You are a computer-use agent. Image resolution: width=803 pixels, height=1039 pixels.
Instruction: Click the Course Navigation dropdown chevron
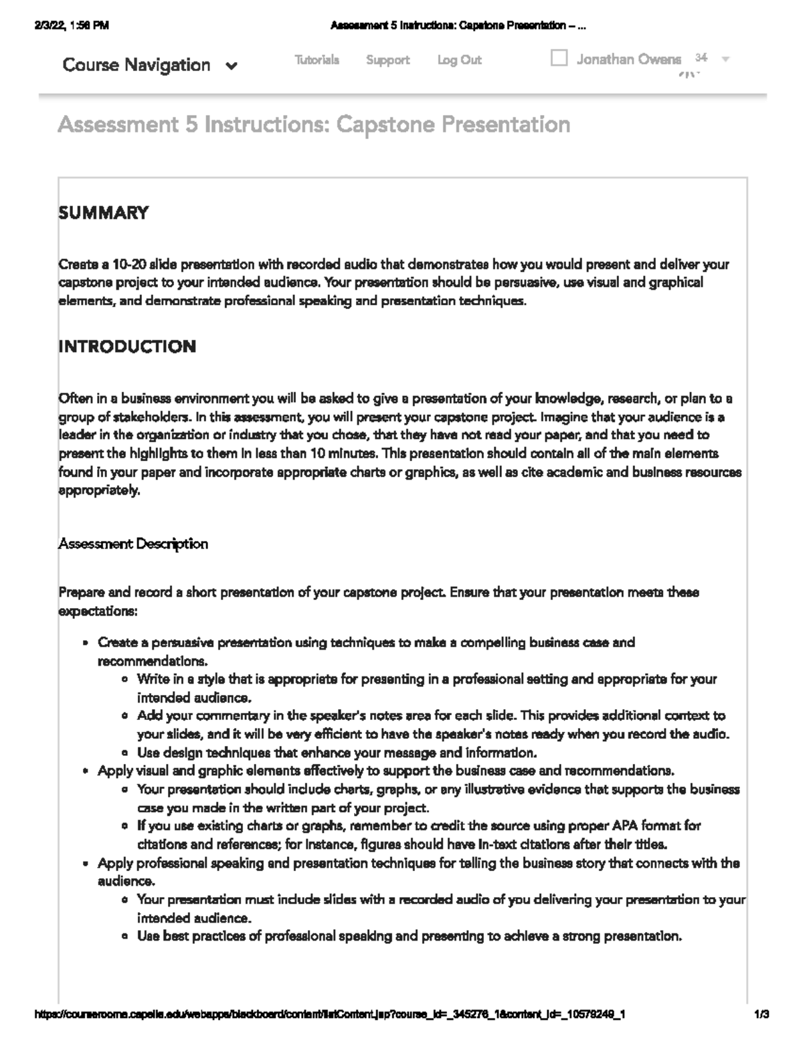point(232,66)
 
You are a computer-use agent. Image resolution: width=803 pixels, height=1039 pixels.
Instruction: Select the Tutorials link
point(317,60)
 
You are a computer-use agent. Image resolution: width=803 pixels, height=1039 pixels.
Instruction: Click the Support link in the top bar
point(387,60)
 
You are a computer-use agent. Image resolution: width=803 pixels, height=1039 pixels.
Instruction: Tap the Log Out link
point(459,60)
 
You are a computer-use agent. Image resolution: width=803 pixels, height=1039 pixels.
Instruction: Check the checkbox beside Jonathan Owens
point(559,58)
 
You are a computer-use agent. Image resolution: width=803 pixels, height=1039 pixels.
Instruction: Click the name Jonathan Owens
point(628,60)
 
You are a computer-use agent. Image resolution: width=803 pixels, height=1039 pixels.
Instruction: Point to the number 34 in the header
point(701,58)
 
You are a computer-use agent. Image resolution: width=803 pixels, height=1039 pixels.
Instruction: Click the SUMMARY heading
point(103,213)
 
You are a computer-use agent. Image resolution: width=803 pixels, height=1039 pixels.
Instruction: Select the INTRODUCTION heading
point(127,347)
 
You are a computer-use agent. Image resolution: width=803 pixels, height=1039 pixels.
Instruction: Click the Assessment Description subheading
point(132,544)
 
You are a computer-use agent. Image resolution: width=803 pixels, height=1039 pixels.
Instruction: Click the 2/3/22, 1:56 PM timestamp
point(70,26)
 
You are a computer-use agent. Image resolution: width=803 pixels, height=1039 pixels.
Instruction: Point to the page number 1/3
point(761,1014)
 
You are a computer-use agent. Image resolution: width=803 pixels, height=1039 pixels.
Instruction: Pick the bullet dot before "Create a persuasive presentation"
point(85,643)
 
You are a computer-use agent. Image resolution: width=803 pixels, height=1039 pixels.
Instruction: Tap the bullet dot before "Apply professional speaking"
point(85,864)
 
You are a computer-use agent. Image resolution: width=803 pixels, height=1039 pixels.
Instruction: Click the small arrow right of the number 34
point(725,59)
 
